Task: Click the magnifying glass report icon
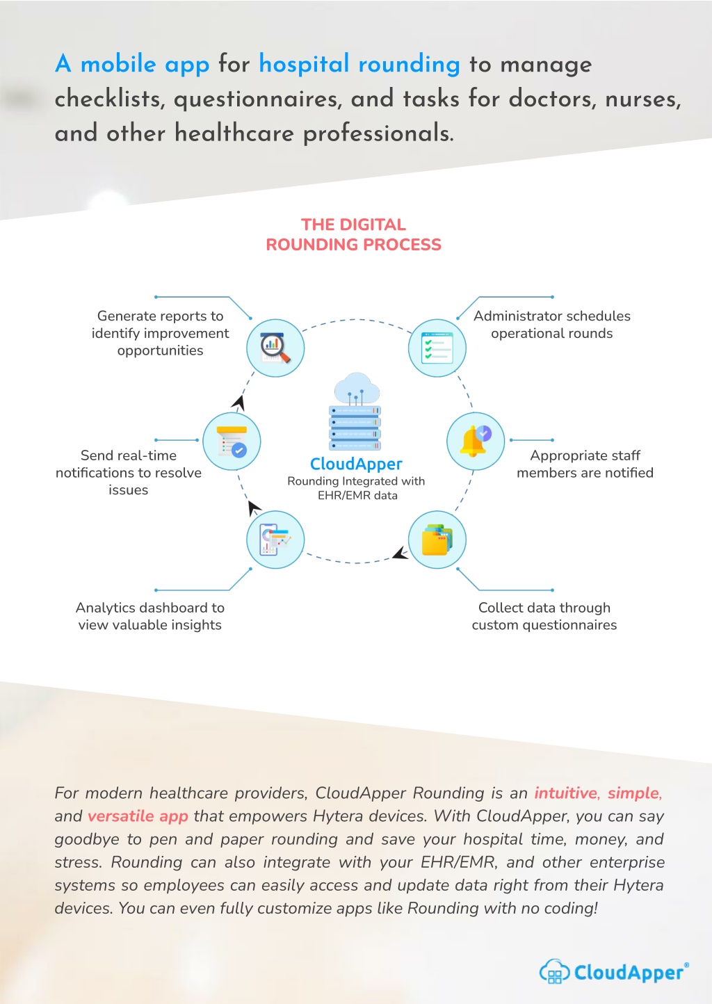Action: pyautogui.click(x=275, y=348)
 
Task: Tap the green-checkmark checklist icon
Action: pyautogui.click(x=437, y=348)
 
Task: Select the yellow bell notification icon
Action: pyautogui.click(x=476, y=441)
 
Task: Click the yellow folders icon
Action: pyautogui.click(x=437, y=540)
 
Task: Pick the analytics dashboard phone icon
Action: pyautogui.click(x=275, y=540)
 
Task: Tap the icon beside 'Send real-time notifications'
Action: pyautogui.click(x=232, y=441)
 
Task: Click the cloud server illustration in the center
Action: pyautogui.click(x=355, y=411)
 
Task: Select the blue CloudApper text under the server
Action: pyautogui.click(x=356, y=464)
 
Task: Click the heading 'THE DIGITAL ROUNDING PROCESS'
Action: pyautogui.click(x=354, y=234)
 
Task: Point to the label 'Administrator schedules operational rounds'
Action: pyautogui.click(x=552, y=325)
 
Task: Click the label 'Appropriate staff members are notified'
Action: pyautogui.click(x=585, y=464)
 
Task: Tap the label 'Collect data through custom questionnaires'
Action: pyautogui.click(x=544, y=616)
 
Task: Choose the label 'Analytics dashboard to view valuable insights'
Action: pyautogui.click(x=149, y=616)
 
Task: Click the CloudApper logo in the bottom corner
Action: pyautogui.click(x=614, y=972)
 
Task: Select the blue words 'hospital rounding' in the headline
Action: pyautogui.click(x=359, y=64)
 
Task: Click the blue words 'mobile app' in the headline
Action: pyautogui.click(x=145, y=65)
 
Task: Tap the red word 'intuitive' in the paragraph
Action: pyautogui.click(x=565, y=793)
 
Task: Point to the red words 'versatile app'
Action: pyautogui.click(x=138, y=816)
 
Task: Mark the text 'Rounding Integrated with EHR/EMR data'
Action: pyautogui.click(x=356, y=488)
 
